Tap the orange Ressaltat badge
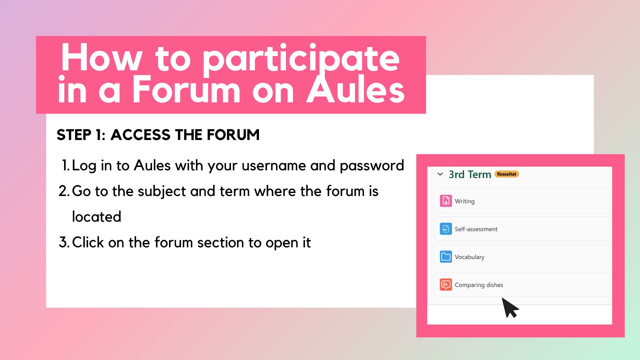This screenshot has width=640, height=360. (x=506, y=174)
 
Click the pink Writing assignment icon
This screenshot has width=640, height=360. (x=446, y=201)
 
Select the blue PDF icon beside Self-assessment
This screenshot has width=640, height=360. (x=446, y=229)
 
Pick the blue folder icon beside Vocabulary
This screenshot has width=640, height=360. (x=446, y=257)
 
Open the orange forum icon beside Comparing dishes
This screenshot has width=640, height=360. (x=446, y=285)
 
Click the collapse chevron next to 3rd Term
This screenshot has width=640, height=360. (x=440, y=174)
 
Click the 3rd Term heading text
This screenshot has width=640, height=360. (x=470, y=174)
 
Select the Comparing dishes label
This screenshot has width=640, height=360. (x=479, y=285)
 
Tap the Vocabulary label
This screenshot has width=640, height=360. (x=469, y=257)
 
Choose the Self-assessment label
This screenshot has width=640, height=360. (x=476, y=229)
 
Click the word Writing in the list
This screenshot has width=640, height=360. (x=464, y=201)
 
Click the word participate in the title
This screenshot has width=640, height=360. (x=301, y=59)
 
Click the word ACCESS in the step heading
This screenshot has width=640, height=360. (x=140, y=135)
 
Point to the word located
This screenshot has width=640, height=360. (x=97, y=217)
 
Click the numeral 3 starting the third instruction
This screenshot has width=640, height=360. (x=63, y=242)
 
